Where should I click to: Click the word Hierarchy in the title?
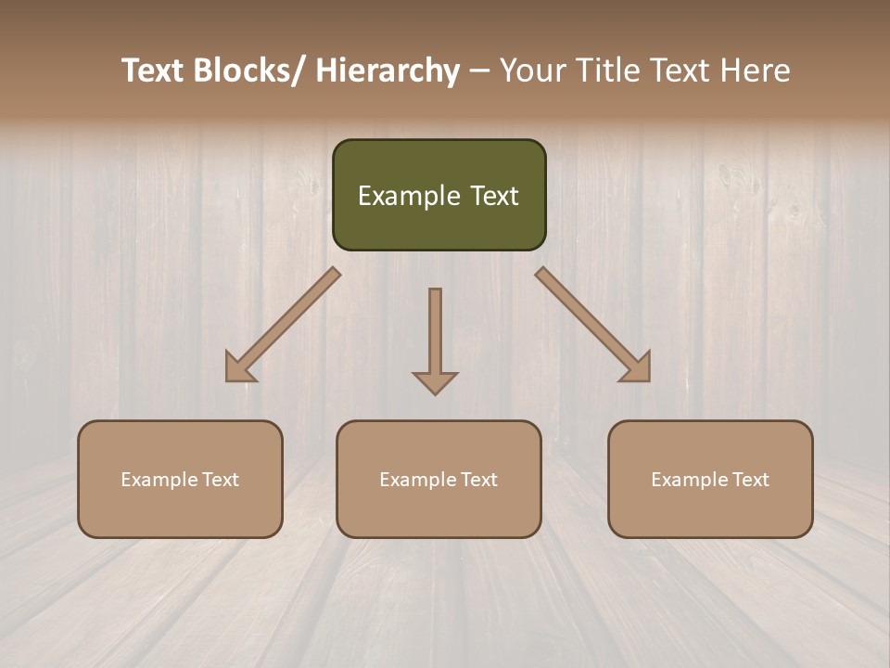point(387,71)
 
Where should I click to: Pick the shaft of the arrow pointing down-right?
point(581,315)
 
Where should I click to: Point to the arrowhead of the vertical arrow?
point(435,381)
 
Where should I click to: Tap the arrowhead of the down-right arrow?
point(638,368)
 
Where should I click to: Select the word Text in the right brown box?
point(749,480)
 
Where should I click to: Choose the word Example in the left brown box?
point(159,480)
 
